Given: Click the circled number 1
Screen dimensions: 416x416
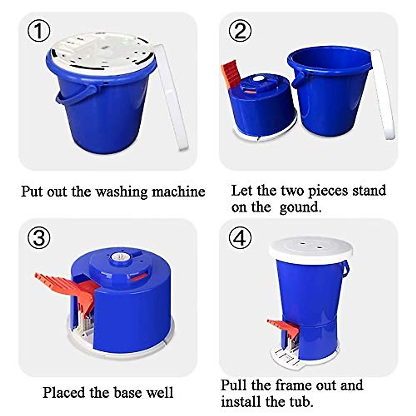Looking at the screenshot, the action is [x=39, y=31].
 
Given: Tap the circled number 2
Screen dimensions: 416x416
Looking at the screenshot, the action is [x=240, y=31].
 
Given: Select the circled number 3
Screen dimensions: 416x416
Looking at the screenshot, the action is [x=39, y=238].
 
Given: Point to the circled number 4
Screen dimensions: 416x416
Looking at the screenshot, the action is [x=240, y=238].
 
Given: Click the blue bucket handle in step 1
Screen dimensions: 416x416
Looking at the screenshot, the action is [x=77, y=95].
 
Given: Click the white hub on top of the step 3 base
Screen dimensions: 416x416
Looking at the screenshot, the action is [x=120, y=257].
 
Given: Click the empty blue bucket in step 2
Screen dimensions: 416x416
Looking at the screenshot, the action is [x=329, y=91].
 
